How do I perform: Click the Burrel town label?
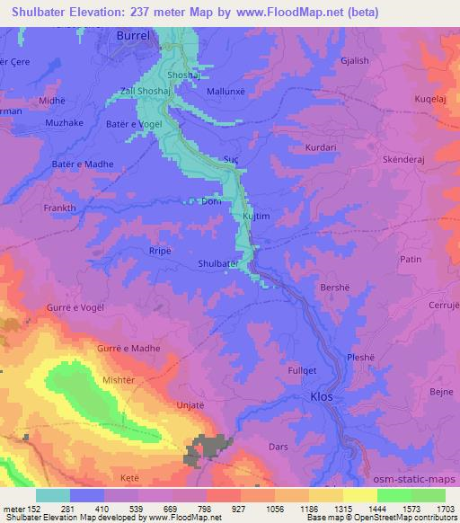[x=137, y=36]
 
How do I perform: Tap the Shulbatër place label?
[x=218, y=263]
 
